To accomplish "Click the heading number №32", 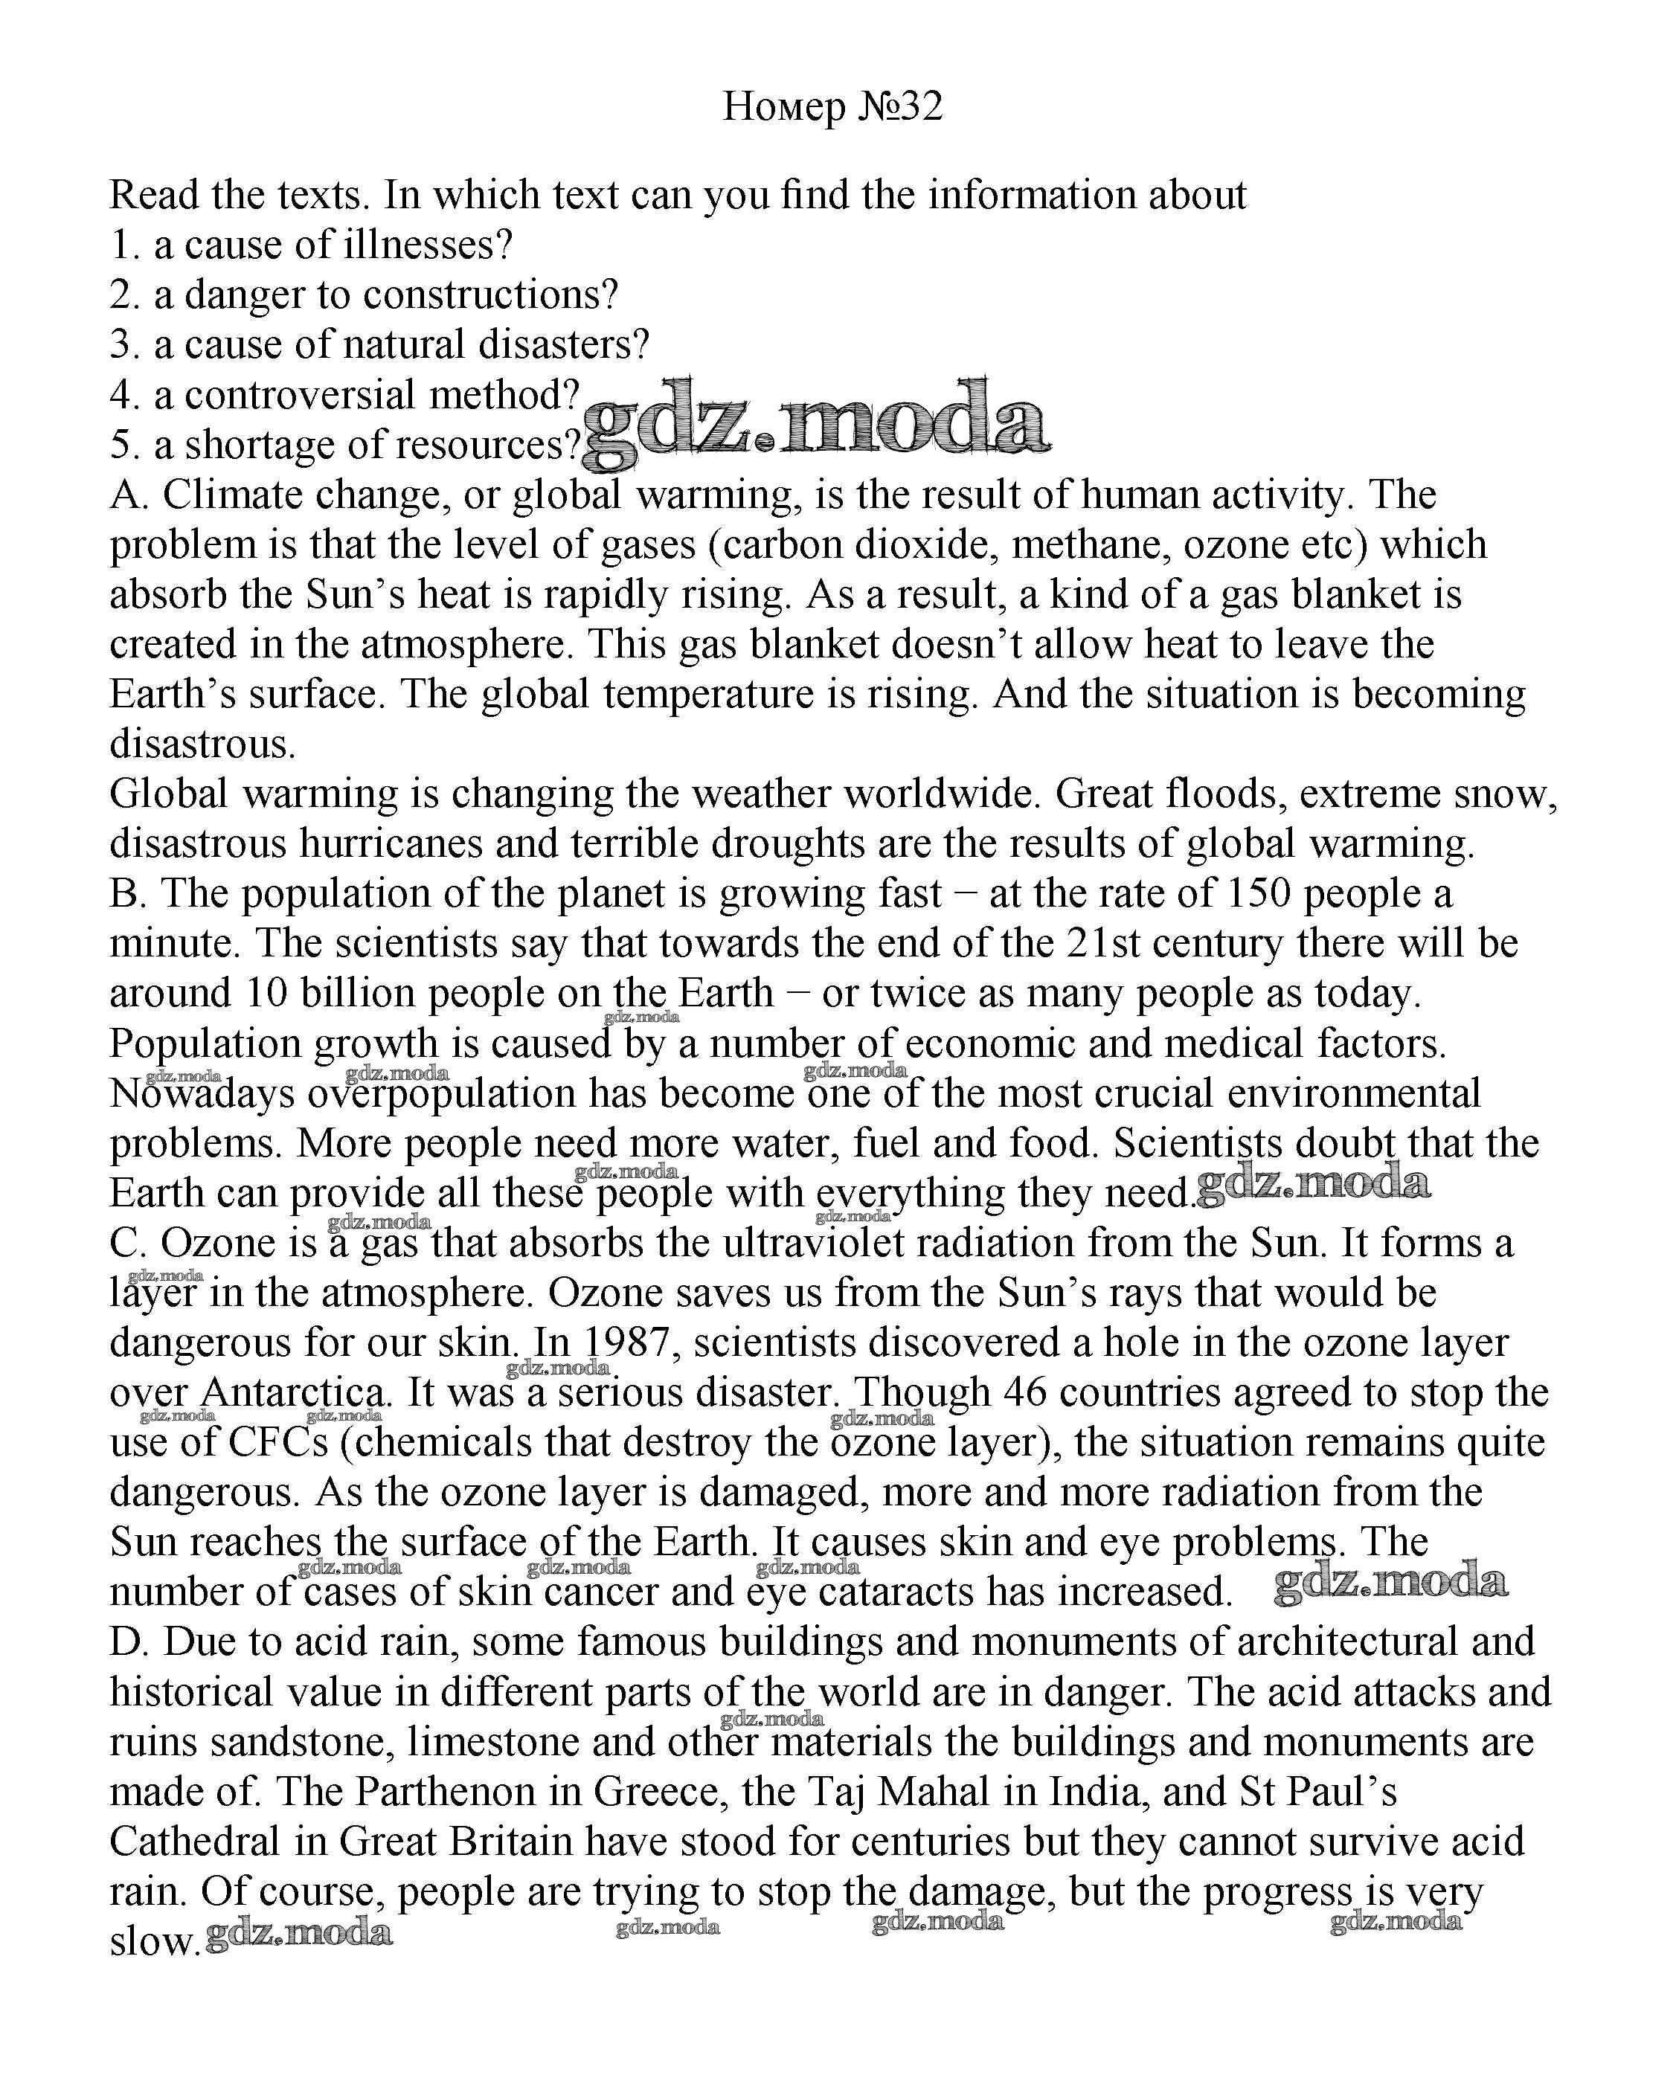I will click(899, 106).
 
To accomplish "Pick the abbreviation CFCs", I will click(279, 1444).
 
